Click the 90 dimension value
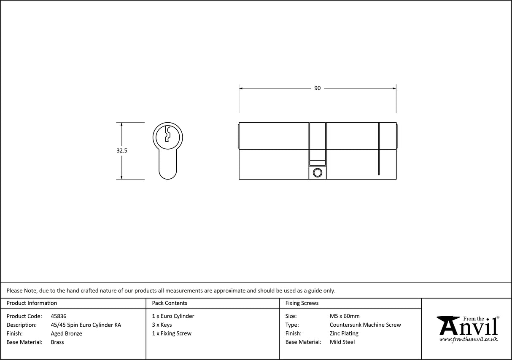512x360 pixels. (x=317, y=88)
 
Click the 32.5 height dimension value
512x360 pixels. (x=122, y=150)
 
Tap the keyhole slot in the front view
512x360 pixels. (x=167, y=133)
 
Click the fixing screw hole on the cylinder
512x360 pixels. (x=317, y=172)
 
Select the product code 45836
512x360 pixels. (x=58, y=316)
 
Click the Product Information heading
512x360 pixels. (x=32, y=303)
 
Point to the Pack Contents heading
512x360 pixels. (x=170, y=303)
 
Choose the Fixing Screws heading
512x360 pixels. (x=302, y=303)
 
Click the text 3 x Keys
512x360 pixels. (x=162, y=325)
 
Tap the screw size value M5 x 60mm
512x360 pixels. (x=345, y=316)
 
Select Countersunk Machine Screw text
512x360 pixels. (x=365, y=325)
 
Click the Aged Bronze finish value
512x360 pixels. (x=66, y=333)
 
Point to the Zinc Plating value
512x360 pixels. (x=344, y=333)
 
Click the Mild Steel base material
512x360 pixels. (x=342, y=342)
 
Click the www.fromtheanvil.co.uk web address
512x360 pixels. (x=468, y=339)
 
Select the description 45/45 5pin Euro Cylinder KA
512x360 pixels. (x=86, y=325)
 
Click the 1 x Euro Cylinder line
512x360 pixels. (x=173, y=316)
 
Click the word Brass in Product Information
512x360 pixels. (x=57, y=342)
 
